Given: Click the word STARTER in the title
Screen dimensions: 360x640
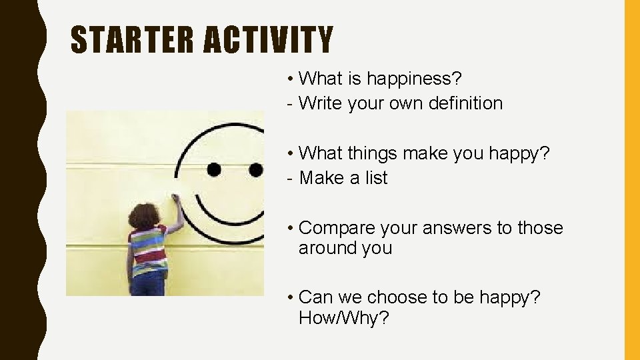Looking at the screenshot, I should point(133,39).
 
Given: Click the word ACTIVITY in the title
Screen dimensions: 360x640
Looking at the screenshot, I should point(268,39).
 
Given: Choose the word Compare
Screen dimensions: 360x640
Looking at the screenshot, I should point(337,228).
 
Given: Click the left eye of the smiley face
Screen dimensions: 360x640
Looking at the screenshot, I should point(214,169).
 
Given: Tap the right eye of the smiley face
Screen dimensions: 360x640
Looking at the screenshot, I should point(255,169).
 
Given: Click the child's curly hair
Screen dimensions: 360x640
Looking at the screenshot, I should point(143,216).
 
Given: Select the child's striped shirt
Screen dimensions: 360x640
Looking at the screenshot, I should point(148,250).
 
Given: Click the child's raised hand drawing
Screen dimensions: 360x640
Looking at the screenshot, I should point(175,199).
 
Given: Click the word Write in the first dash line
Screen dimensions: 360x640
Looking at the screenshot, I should point(321,103).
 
